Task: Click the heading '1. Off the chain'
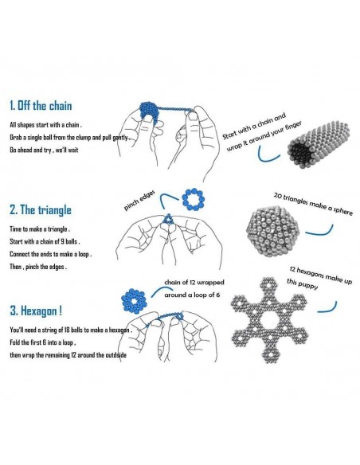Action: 41,106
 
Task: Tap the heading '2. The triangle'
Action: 41,209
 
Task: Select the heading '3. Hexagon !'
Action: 36,311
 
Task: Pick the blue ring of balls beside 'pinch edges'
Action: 193,199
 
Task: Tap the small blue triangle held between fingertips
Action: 168,219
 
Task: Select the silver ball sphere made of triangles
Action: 272,231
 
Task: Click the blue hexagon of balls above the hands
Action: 134,301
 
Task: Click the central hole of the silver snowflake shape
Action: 269,320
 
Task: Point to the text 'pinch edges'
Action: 139,201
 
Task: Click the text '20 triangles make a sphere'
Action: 313,204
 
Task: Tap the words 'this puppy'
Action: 302,284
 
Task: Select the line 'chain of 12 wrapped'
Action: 194,283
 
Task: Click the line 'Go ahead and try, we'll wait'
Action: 44,150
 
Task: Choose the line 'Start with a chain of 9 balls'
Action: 45,241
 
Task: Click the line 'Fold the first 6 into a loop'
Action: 43,342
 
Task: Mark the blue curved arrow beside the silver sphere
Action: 319,230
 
